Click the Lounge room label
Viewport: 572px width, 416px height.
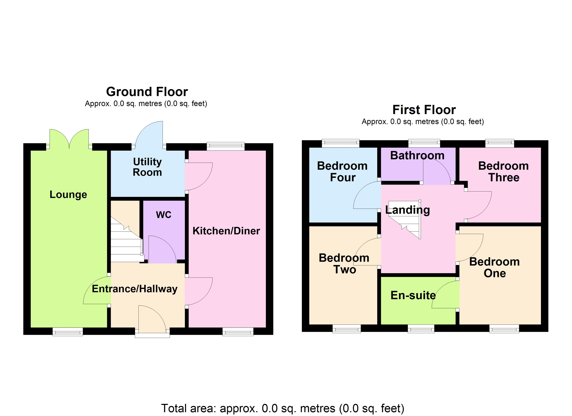tap(68, 194)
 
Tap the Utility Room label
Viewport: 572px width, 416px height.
tap(147, 167)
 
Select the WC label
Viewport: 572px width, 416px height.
tap(163, 215)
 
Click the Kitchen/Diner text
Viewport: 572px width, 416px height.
tap(226, 231)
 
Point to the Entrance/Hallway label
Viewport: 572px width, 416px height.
tap(135, 289)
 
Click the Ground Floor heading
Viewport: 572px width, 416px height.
tap(147, 92)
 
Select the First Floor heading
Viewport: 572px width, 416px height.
tap(424, 110)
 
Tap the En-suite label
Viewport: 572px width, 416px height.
tap(413, 295)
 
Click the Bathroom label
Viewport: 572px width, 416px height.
tap(417, 155)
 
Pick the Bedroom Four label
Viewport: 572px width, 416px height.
tap(342, 172)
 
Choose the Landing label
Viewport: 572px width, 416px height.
tap(407, 210)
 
